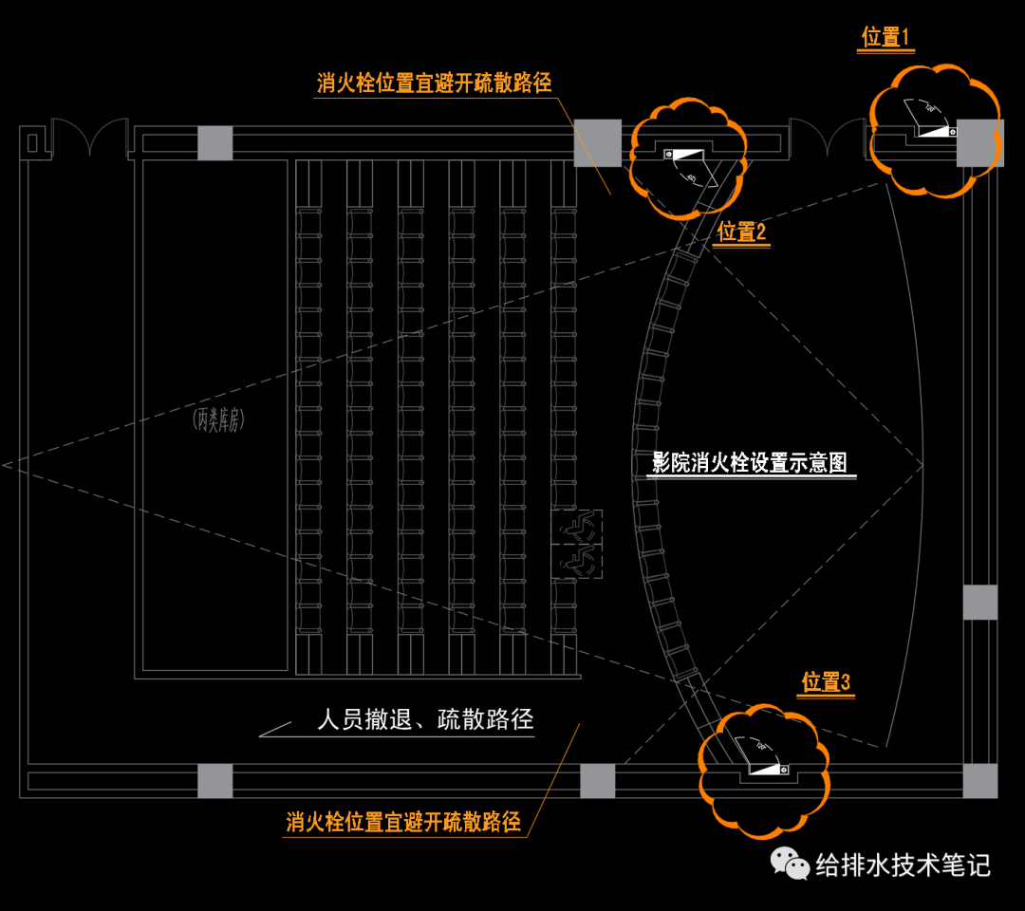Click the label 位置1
[885, 38]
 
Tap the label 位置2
[741, 232]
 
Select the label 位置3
[826, 682]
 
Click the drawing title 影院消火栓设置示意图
[750, 463]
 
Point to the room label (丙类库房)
[215, 420]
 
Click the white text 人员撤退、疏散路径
[425, 720]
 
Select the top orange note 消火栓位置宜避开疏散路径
[434, 84]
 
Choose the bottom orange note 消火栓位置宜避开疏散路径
[403, 822]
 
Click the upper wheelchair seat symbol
[577, 528]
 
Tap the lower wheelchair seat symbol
[577, 563]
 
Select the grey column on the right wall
[980, 603]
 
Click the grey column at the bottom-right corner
[980, 781]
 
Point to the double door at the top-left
[88, 139]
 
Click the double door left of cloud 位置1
[827, 139]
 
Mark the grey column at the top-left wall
[214, 142]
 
